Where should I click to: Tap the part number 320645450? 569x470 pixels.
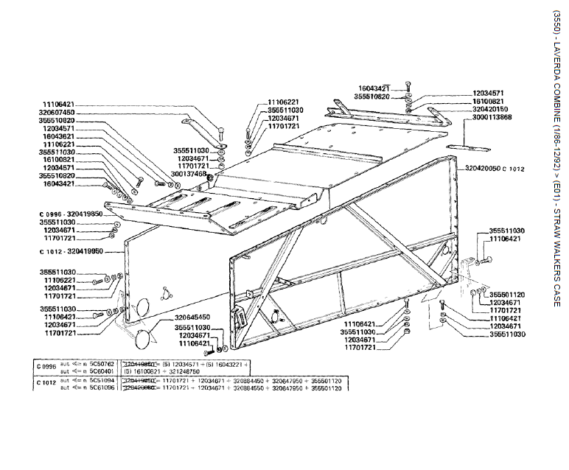pyautogui.click(x=195, y=318)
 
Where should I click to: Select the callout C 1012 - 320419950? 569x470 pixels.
pyautogui.click(x=71, y=251)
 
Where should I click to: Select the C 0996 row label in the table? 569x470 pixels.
pyautogui.click(x=46, y=366)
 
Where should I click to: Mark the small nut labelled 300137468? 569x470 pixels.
pyautogui.click(x=211, y=176)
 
